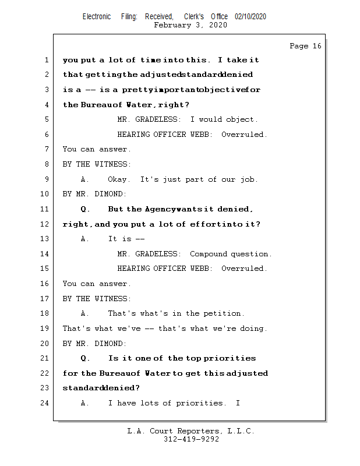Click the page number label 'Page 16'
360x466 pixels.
click(305, 46)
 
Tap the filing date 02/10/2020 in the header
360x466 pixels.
click(250, 17)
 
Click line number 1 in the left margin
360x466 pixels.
click(46, 60)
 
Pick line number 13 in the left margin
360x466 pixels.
click(44, 239)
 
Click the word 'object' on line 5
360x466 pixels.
click(240, 119)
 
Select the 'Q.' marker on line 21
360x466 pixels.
click(85, 358)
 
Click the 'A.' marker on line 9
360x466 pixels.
click(85, 179)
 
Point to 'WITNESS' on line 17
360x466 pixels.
click(111, 299)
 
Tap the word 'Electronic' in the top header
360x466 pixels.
click(97, 17)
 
